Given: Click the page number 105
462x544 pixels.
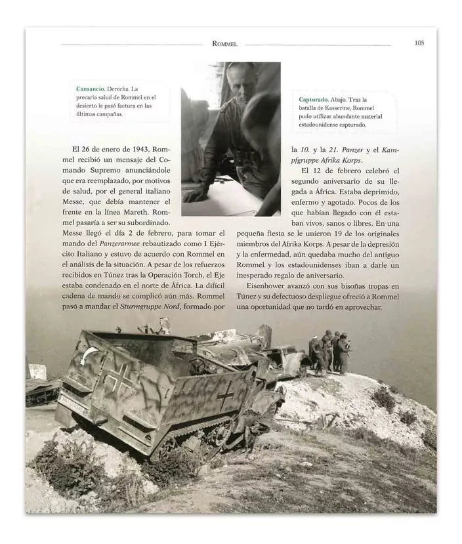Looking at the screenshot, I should coord(419,43).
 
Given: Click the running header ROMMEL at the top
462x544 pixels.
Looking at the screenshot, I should coord(224,44).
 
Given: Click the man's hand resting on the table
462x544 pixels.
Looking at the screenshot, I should coord(195,195).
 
